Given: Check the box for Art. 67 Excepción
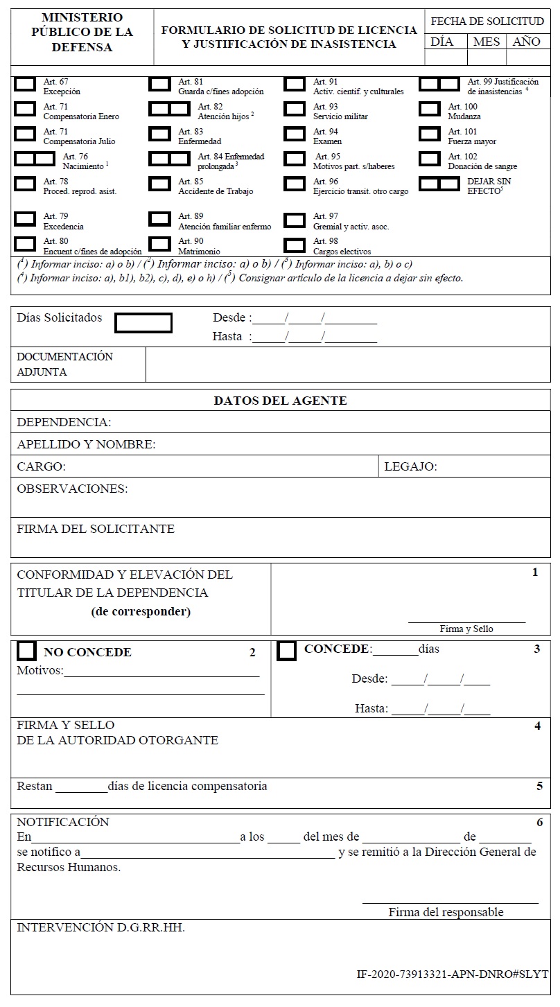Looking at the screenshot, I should [x=26, y=85].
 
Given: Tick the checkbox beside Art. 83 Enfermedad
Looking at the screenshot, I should [x=160, y=134].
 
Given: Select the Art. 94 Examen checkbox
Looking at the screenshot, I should [x=295, y=134].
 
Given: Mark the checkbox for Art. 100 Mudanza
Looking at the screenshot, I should [x=430, y=110].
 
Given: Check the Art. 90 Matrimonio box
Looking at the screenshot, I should [x=160, y=245].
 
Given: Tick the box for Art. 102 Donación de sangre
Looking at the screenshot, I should [x=430, y=159].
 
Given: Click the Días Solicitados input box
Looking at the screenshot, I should [x=143, y=323].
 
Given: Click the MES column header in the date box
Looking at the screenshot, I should [x=486, y=42].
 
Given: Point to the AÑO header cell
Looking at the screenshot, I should [x=527, y=42].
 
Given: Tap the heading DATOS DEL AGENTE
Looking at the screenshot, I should [x=280, y=401].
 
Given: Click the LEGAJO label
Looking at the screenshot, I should [x=410, y=466].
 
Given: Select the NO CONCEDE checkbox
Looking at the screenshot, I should [x=26, y=651].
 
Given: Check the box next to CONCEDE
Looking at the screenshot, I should [x=287, y=651].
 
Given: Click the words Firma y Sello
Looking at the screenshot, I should [x=466, y=629].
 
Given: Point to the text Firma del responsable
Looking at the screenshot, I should [x=446, y=912].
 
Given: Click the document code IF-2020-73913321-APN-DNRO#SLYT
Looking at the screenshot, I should [x=452, y=974].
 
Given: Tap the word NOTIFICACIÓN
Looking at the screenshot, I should [x=63, y=822].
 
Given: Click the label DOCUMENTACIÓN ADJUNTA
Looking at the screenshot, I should [x=64, y=364].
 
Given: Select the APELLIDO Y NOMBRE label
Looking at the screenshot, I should [x=86, y=444].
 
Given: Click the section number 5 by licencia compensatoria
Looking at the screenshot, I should [x=539, y=786].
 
